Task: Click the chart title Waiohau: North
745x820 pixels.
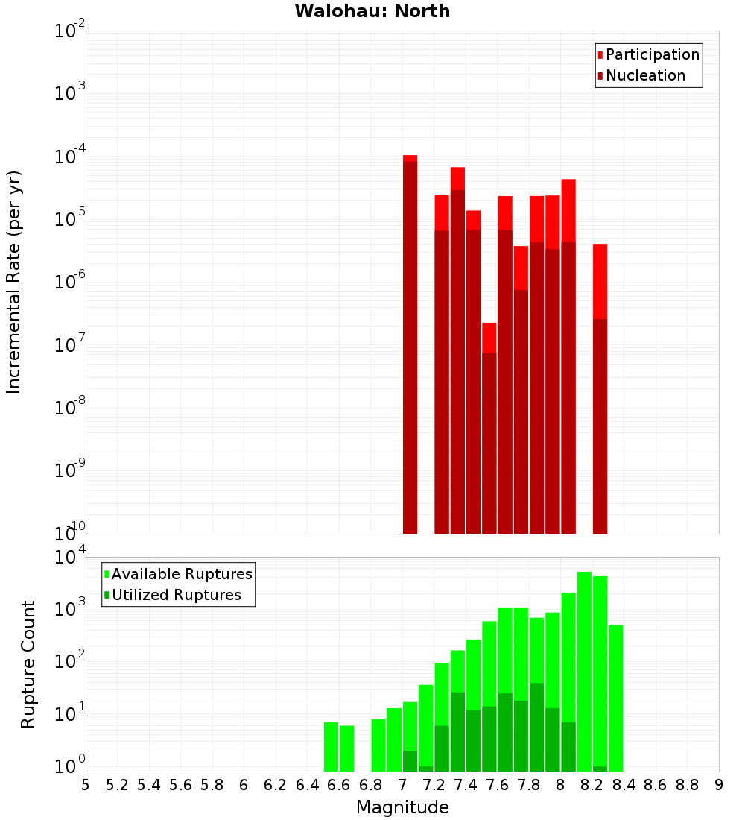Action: point(372,11)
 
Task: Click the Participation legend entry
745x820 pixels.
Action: point(652,54)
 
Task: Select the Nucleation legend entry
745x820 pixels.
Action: point(644,75)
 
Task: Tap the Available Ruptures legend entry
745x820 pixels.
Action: point(181,574)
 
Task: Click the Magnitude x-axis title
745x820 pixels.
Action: point(402,807)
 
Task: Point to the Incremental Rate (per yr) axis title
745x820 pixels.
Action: point(14,282)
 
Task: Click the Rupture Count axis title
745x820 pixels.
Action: point(28,663)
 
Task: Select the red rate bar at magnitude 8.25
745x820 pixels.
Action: point(600,388)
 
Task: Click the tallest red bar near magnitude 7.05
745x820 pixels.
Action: point(410,343)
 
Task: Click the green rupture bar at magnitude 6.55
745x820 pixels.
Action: point(331,745)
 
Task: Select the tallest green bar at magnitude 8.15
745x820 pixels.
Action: point(584,671)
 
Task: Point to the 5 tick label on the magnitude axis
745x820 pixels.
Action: point(86,785)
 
